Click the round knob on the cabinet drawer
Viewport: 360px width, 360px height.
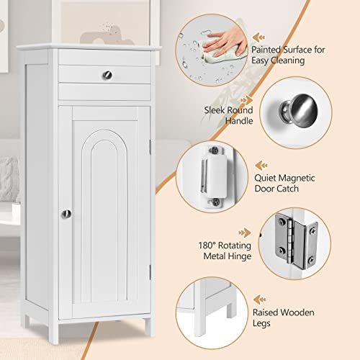107,75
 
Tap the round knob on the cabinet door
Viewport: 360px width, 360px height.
66,214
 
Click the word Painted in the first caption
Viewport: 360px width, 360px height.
266,50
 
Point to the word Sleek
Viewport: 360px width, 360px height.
215,110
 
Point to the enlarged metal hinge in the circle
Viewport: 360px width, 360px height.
297,242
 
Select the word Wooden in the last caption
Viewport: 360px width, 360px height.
297,312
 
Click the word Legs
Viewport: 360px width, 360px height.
261,323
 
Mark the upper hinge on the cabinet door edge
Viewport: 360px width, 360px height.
150,147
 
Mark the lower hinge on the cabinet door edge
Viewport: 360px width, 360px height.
150,272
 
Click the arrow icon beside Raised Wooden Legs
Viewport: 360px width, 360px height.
260,300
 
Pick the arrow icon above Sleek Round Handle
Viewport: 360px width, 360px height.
246,99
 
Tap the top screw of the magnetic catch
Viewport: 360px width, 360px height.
214,150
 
